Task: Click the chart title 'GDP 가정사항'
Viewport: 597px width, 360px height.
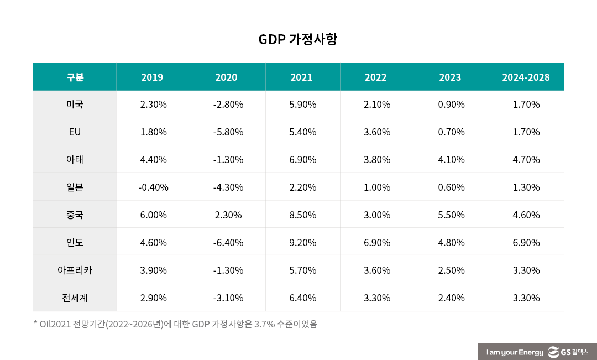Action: (x=297, y=40)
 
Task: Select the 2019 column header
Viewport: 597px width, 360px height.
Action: (x=152, y=77)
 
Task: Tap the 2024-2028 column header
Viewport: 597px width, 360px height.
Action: (x=526, y=77)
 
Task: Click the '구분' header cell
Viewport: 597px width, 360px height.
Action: (x=75, y=77)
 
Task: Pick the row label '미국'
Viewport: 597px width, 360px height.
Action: (x=75, y=105)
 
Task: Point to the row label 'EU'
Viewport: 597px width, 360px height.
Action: (x=75, y=132)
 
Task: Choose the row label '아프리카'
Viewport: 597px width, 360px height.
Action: (x=75, y=270)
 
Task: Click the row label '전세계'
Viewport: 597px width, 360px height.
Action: (x=75, y=298)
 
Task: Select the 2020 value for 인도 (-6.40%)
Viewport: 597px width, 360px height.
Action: (x=228, y=243)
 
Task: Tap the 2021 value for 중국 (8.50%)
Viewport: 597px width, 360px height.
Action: (x=303, y=215)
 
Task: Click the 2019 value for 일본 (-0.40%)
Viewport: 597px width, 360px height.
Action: (x=153, y=187)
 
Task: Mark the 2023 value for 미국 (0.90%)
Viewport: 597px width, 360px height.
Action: (x=451, y=105)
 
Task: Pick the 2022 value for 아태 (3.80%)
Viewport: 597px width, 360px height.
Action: (x=377, y=160)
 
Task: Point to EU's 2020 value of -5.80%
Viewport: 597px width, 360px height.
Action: (x=228, y=132)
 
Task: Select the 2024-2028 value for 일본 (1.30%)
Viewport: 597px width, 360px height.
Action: (x=526, y=187)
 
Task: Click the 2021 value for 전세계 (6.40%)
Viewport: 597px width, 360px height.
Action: (x=303, y=298)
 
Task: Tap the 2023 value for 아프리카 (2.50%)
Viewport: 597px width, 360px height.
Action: (x=451, y=270)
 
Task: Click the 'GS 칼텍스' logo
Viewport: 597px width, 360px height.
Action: (x=569, y=352)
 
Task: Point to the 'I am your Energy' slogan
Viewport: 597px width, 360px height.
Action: (x=514, y=352)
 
